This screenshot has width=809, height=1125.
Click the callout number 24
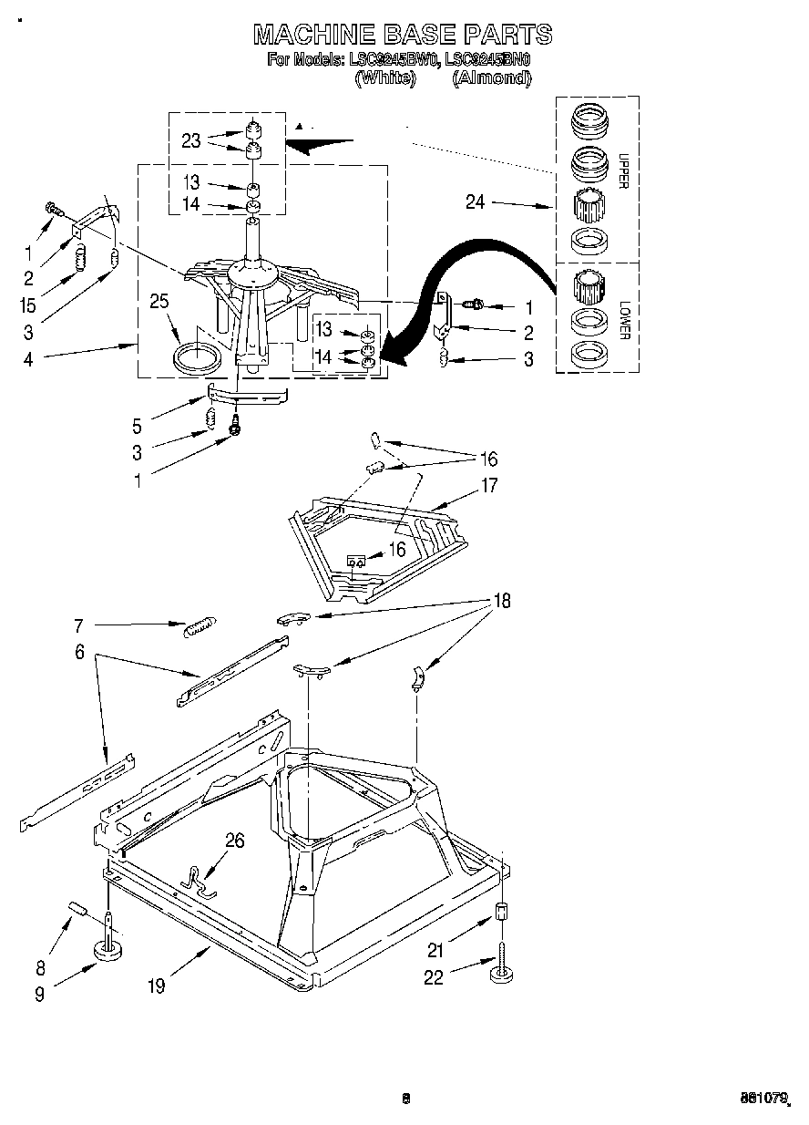pyautogui.click(x=476, y=202)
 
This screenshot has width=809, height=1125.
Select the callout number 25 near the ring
pyautogui.click(x=160, y=302)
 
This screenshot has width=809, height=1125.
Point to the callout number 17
pyautogui.click(x=489, y=486)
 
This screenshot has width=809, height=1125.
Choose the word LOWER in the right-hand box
pyautogui.click(x=623, y=319)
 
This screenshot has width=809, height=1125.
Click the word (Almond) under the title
pyautogui.click(x=491, y=78)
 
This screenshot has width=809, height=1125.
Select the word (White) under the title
pyautogui.click(x=384, y=78)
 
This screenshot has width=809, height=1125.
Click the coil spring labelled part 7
pyautogui.click(x=199, y=627)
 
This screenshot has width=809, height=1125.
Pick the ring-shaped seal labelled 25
pyautogui.click(x=196, y=356)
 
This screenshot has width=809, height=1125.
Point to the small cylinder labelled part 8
pyautogui.click(x=78, y=910)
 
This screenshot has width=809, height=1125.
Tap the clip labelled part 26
pyautogui.click(x=196, y=879)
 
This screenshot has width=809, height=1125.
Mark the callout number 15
pyautogui.click(x=29, y=305)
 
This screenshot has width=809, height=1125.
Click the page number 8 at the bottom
pyautogui.click(x=406, y=1099)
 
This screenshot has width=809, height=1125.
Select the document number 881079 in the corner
pyautogui.click(x=762, y=1099)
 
